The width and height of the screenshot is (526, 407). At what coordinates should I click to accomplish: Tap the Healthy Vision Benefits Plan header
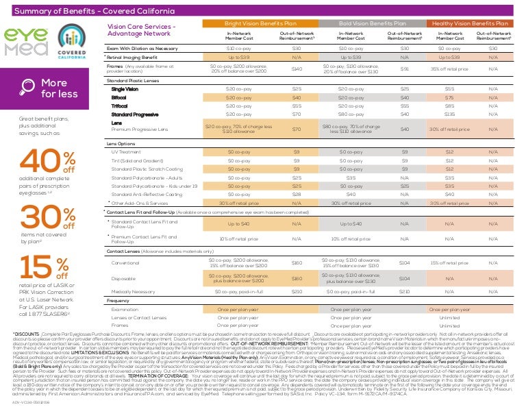[x=470, y=23]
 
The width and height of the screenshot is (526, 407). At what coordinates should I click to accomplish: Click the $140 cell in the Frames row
[x=297, y=69]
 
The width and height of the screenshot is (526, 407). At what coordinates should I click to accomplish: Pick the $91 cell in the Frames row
[x=404, y=69]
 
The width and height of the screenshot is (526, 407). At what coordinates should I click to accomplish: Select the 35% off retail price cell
[x=449, y=69]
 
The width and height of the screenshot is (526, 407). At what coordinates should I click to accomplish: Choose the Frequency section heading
[x=118, y=301]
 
